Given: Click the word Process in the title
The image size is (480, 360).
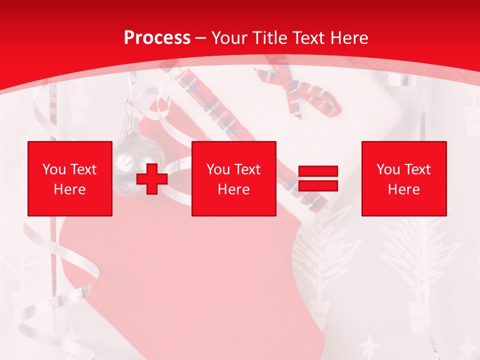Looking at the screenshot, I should [x=157, y=38].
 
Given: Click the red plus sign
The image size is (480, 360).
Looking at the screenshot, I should [x=152, y=178].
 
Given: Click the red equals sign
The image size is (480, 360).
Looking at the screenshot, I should [x=318, y=178].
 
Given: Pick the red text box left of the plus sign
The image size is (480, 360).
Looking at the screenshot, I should [x=70, y=178].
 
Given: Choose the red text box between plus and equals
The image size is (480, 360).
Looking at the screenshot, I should [x=233, y=178].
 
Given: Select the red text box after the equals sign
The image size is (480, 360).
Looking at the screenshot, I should [x=404, y=178].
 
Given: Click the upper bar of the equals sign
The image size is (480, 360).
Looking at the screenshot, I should [x=318, y=171].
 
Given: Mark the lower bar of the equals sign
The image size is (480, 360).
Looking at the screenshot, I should [x=318, y=185].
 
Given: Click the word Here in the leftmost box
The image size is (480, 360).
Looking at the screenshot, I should [x=70, y=189].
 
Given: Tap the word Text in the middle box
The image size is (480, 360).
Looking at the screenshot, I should [x=246, y=169].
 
